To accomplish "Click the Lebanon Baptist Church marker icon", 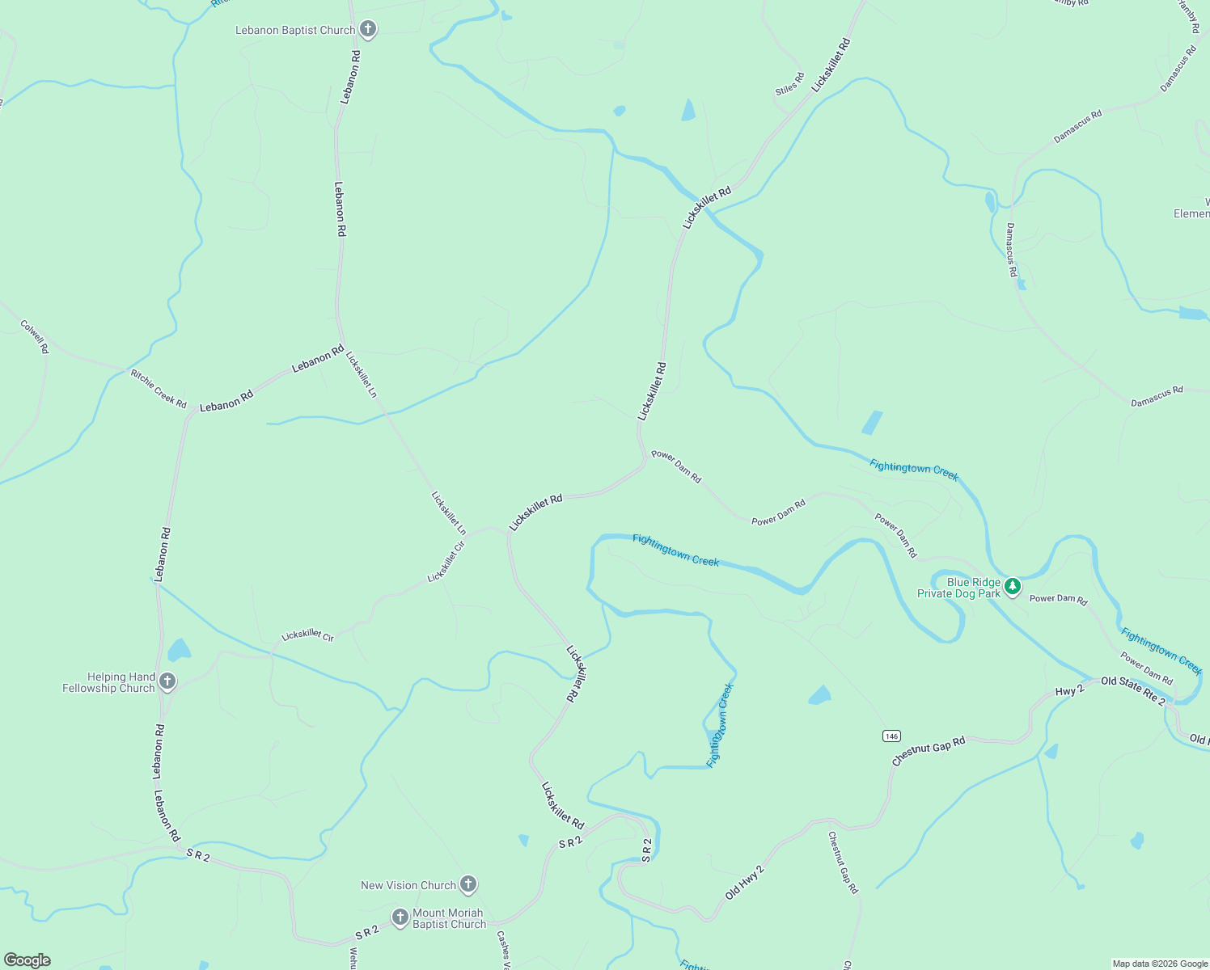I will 368,30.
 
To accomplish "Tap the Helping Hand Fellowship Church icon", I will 167,681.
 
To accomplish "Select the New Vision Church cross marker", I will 468,884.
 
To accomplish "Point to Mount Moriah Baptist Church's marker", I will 400,917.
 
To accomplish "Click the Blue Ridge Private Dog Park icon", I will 1013,586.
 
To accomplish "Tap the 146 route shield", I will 891,736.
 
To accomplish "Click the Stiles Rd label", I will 789,84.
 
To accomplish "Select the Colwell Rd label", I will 35,337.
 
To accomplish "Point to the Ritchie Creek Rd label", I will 159,389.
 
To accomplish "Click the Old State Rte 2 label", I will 1132,690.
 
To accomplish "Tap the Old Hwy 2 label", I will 744,882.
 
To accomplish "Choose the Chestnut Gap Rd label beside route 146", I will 929,751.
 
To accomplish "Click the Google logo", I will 27,960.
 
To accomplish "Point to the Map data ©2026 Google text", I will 1159,964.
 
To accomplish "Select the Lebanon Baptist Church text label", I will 295,31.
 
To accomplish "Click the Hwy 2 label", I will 1069,692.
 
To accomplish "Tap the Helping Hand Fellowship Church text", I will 110,682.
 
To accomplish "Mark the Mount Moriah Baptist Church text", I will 449,918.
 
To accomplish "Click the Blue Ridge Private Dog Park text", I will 959,588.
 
